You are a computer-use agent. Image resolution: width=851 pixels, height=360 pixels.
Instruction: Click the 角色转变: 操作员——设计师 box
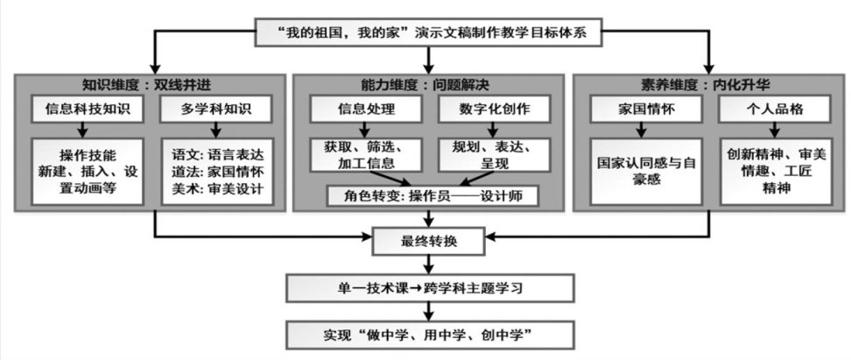427,194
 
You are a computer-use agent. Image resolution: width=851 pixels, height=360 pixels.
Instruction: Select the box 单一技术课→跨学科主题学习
427,287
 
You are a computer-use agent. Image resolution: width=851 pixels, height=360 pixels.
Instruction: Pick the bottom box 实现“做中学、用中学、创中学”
427,335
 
